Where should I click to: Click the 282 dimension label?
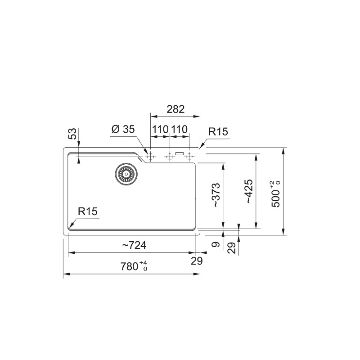point(175,109)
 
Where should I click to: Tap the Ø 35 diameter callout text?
point(122,130)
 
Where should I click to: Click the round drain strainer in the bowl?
point(126,173)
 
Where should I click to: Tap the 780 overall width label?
point(134,267)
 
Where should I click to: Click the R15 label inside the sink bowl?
point(88,211)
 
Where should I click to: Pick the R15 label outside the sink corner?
point(219,132)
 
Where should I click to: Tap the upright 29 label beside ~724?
point(197,261)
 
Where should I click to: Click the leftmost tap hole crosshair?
point(150,157)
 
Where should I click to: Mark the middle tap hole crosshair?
point(170,157)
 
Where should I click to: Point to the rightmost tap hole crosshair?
point(189,157)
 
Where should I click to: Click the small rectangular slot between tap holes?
point(180,154)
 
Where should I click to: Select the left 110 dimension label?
point(160,130)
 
